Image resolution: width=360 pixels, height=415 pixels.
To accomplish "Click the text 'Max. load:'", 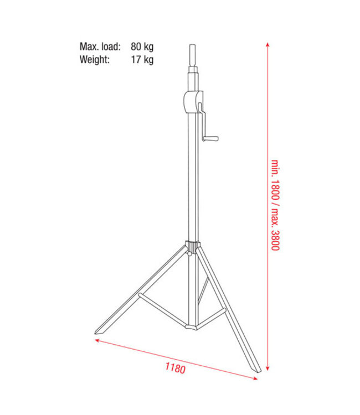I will pyautogui.click(x=100, y=46).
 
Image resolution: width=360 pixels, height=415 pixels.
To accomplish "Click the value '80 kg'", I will pyautogui.click(x=142, y=46).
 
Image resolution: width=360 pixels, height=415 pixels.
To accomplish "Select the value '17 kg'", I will pyautogui.click(x=142, y=59).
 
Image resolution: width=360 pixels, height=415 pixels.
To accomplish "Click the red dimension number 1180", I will pyautogui.click(x=175, y=367).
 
